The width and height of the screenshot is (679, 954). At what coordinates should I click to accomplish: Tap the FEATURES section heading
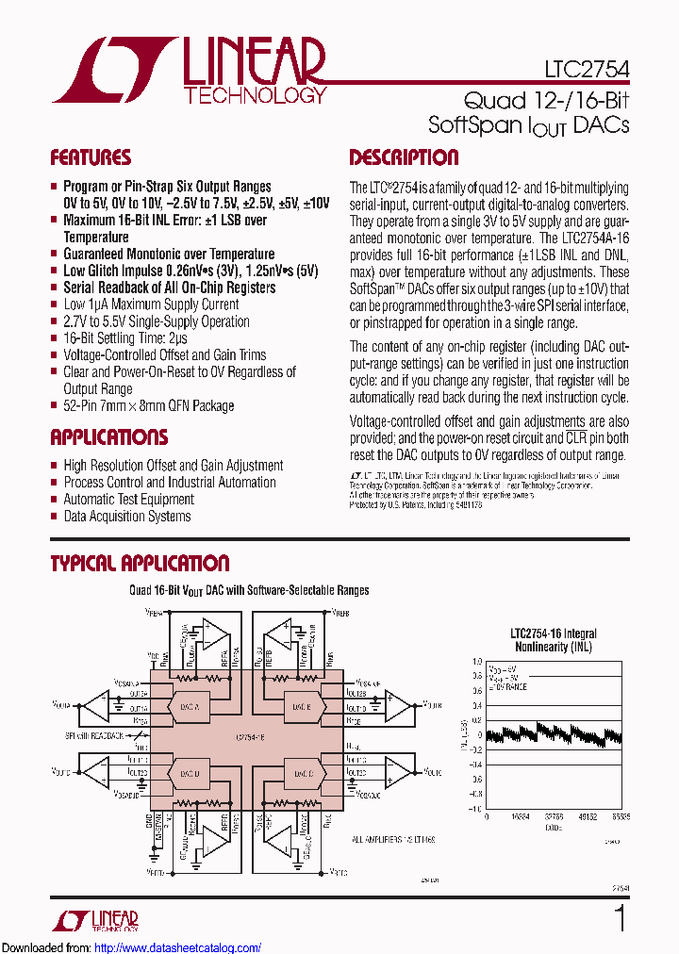point(91,157)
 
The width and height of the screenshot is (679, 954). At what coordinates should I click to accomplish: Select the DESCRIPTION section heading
point(404,157)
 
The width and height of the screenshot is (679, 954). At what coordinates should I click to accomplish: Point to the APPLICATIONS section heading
point(108,437)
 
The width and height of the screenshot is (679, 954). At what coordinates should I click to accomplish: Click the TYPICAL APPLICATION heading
point(140,564)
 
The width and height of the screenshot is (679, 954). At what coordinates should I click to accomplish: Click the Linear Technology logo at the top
point(189,71)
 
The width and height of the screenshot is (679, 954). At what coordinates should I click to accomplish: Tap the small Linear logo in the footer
point(96,919)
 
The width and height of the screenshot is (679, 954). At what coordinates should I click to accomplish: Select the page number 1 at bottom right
point(620,917)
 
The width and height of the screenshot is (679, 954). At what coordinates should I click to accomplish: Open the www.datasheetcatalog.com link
point(178,947)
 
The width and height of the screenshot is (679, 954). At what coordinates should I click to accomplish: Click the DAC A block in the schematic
point(190,707)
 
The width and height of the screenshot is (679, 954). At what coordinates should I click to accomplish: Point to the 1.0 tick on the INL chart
point(476,662)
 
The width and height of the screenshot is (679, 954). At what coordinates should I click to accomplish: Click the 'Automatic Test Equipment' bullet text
point(128,500)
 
